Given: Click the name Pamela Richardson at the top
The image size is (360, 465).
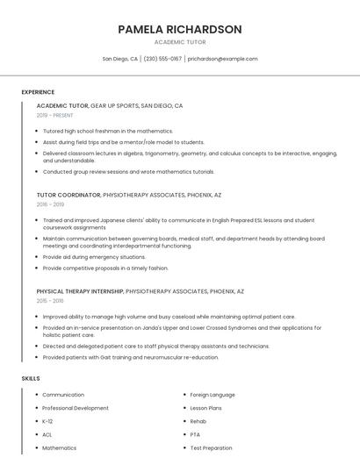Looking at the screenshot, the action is point(180,29).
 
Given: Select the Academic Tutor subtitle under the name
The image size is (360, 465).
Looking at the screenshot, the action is point(180,42).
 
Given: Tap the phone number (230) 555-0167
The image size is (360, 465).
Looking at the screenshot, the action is point(162,59).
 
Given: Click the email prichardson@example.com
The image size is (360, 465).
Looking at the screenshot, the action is point(222,59).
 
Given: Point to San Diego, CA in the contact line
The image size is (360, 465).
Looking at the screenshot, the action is point(120,59).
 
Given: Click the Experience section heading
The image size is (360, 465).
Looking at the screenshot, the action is point(38,92).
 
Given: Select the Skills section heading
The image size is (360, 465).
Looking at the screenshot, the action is point(31,378).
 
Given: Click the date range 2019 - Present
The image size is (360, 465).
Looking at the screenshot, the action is point(54,115).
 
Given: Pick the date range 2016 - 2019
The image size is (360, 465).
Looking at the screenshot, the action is point(50,204).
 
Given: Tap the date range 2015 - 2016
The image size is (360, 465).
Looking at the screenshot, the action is point(50,300).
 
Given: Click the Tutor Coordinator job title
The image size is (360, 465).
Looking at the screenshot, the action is point(68,194).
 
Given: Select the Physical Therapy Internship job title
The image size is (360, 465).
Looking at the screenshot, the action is point(80,290).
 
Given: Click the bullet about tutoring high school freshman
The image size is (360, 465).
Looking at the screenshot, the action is point(107,131).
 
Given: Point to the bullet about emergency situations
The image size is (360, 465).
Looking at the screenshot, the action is point(94,257).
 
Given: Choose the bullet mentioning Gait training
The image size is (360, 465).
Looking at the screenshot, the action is point(130,357).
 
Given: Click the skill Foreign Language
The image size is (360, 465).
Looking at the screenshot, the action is point(212,395).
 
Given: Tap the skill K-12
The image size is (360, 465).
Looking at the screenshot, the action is point(47,421).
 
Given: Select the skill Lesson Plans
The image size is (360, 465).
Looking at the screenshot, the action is point(207,408).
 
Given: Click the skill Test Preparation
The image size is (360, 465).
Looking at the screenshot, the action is point(211,447).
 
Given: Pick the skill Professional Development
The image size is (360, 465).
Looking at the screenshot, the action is point(76,408).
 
